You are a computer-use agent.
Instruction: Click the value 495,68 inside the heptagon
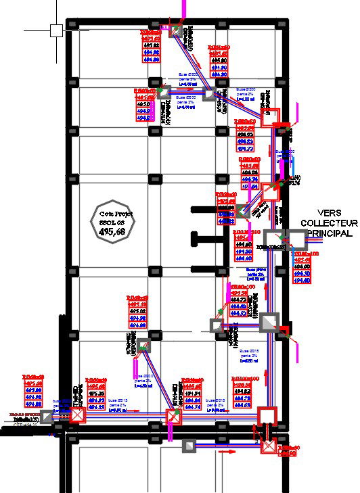112,231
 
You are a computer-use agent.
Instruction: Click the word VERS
329,212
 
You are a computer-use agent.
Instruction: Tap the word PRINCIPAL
329,233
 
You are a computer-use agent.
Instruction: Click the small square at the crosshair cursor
55,30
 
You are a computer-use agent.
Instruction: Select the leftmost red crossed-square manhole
78,415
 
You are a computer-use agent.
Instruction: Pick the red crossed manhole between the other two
174,415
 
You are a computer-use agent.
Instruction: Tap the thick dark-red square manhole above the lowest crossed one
268,415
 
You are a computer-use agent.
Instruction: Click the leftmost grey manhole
47,417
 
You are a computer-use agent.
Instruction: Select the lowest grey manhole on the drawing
190,446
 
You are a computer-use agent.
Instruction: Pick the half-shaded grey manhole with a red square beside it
269,323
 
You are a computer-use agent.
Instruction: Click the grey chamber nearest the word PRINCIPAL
296,238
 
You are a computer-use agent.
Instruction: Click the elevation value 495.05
97,393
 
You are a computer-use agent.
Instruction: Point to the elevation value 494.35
97,407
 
